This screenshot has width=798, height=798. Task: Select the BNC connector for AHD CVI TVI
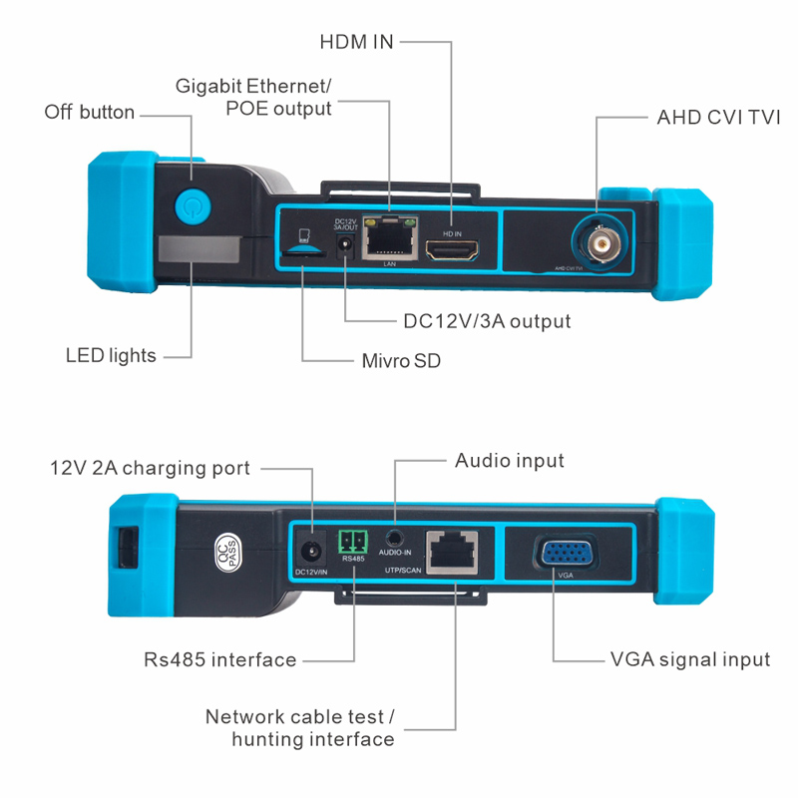pyautogui.click(x=598, y=241)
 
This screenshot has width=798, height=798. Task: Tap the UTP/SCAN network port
pyautogui.click(x=451, y=550)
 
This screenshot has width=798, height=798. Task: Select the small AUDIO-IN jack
pyautogui.click(x=397, y=540)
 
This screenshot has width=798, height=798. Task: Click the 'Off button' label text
pyautogui.click(x=90, y=112)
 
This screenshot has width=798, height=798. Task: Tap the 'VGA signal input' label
pyautogui.click(x=689, y=659)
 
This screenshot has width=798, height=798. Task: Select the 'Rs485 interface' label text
pyautogui.click(x=220, y=659)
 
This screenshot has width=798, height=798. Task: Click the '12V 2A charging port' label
pyautogui.click(x=151, y=468)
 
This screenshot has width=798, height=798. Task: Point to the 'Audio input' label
pyautogui.click(x=510, y=460)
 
